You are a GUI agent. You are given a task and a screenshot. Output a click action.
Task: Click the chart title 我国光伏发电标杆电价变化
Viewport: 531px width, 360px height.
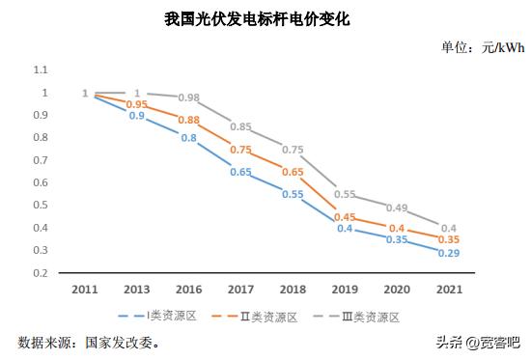[x=265, y=18]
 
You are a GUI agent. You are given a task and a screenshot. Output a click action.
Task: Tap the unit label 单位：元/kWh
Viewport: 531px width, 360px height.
[x=482, y=48]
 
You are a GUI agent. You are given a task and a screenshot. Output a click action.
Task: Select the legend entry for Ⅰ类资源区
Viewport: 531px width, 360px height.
[x=160, y=317]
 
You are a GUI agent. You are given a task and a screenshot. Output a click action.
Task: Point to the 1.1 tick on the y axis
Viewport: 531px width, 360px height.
[x=41, y=69]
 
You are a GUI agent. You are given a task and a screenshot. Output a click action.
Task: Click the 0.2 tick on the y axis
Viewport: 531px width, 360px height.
[x=41, y=273]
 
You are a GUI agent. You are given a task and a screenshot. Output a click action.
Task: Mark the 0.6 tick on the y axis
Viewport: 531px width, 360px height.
[x=41, y=182]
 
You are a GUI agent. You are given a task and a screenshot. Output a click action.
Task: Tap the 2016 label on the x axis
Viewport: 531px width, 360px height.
[x=189, y=289]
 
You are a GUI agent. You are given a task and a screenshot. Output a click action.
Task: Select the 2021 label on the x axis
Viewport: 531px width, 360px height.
[x=449, y=289]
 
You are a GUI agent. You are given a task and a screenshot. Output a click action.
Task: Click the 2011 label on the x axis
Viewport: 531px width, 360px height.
[x=85, y=289]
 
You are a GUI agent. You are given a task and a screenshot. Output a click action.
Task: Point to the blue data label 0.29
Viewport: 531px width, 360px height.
[x=449, y=253]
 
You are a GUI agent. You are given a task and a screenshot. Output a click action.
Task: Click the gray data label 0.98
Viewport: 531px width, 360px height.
[x=189, y=97]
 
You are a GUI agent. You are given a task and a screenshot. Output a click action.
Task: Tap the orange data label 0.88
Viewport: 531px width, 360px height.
[x=189, y=120]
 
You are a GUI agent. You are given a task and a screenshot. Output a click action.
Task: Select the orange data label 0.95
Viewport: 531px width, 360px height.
[x=137, y=104]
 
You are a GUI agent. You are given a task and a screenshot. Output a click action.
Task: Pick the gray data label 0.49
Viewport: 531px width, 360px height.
[x=397, y=208]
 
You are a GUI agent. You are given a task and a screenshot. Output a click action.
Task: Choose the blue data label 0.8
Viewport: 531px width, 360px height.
[x=189, y=138]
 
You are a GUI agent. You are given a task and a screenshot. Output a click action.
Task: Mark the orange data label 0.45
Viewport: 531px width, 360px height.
[x=345, y=217]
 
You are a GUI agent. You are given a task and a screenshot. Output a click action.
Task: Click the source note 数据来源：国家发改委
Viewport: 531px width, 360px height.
[x=90, y=342]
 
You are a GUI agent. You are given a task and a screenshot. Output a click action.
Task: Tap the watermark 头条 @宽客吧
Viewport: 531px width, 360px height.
[x=477, y=342]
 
